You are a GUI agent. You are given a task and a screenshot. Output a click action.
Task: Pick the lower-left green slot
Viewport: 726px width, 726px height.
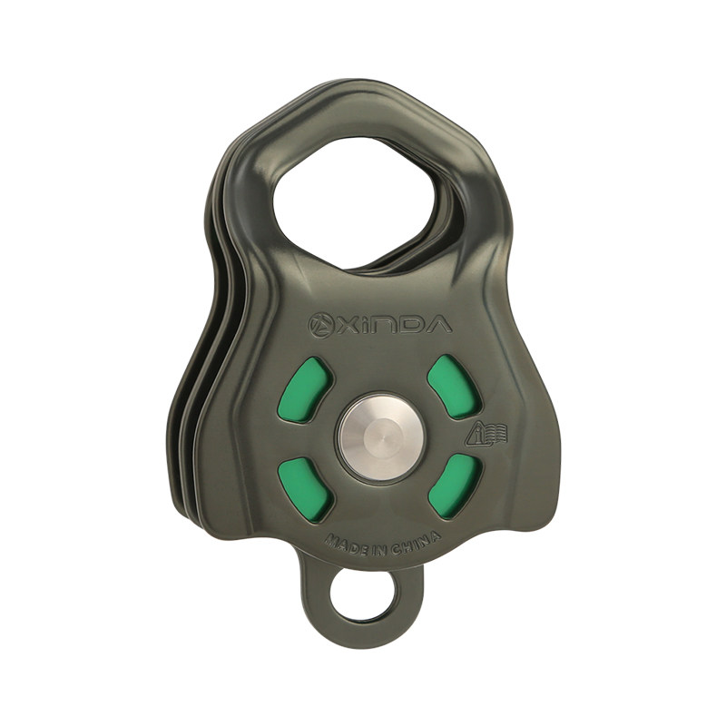pos(306,487)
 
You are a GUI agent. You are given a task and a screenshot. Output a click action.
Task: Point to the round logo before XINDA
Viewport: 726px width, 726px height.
pos(319,324)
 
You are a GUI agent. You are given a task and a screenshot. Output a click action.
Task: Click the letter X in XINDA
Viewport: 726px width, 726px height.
pos(345,325)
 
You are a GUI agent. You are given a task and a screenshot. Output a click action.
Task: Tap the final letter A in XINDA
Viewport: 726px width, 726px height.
pos(437,324)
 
